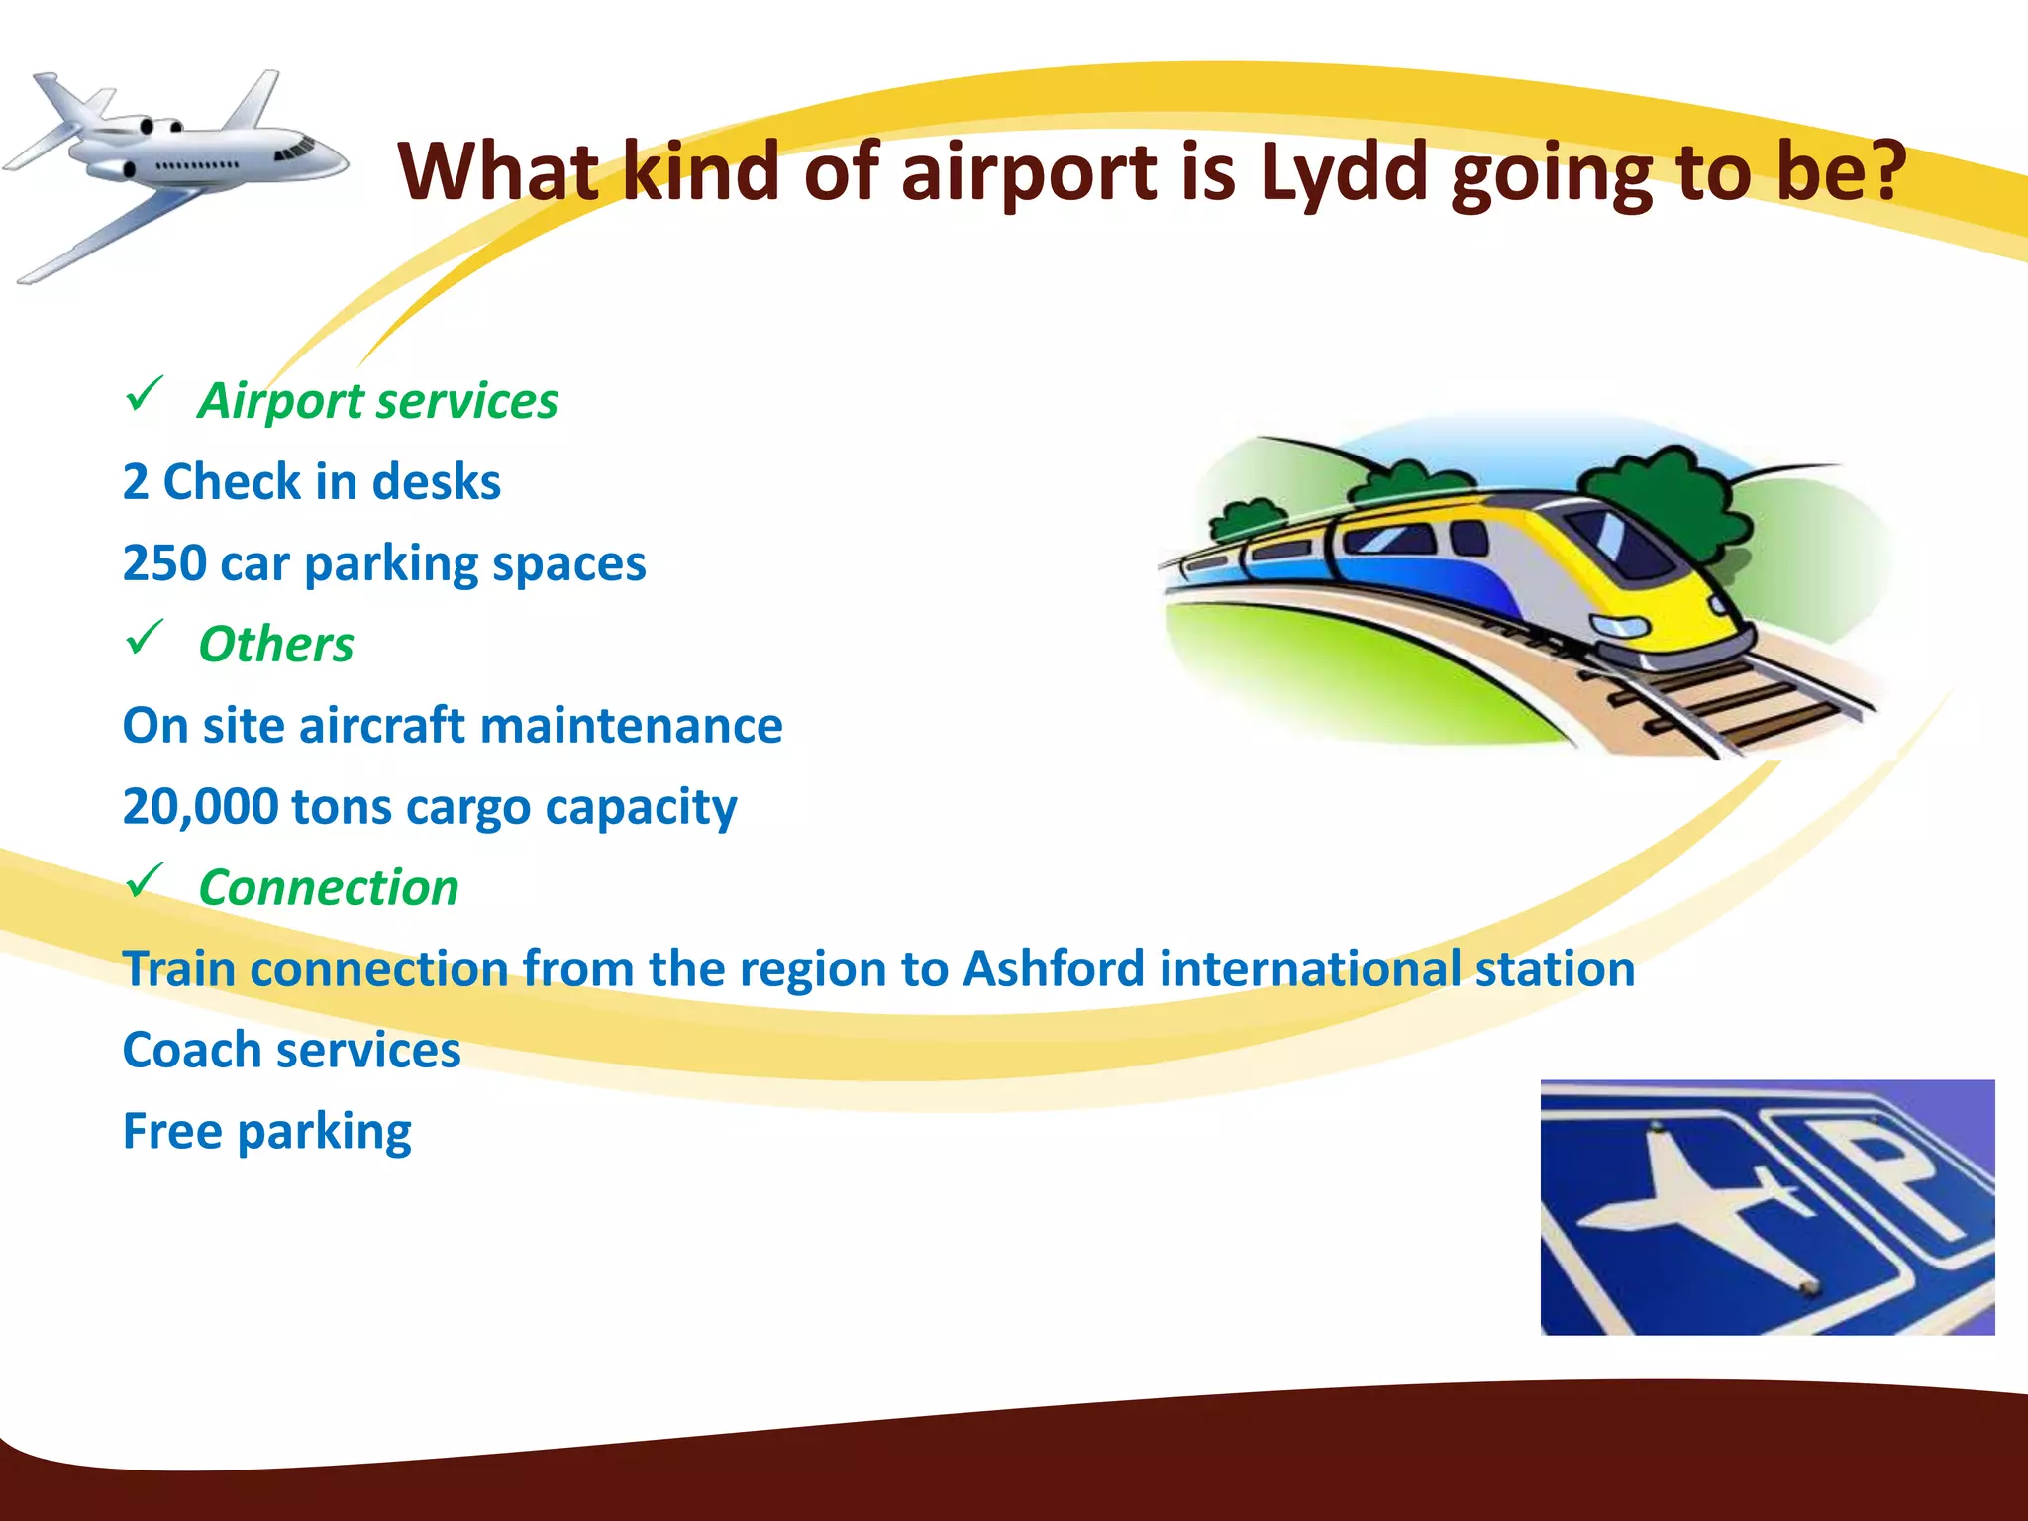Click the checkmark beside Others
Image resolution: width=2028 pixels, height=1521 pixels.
(x=145, y=639)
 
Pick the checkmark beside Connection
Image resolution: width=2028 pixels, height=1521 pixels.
(x=145, y=881)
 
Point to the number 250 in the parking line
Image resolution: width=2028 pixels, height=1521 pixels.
(x=164, y=563)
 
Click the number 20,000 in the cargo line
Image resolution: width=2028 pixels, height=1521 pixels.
(x=201, y=807)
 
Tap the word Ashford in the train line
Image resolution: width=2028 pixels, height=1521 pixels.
(x=1053, y=968)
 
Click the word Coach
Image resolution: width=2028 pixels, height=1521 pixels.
(x=191, y=1050)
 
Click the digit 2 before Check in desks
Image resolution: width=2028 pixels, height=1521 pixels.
(x=136, y=482)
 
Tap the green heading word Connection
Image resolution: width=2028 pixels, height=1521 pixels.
(x=329, y=887)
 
